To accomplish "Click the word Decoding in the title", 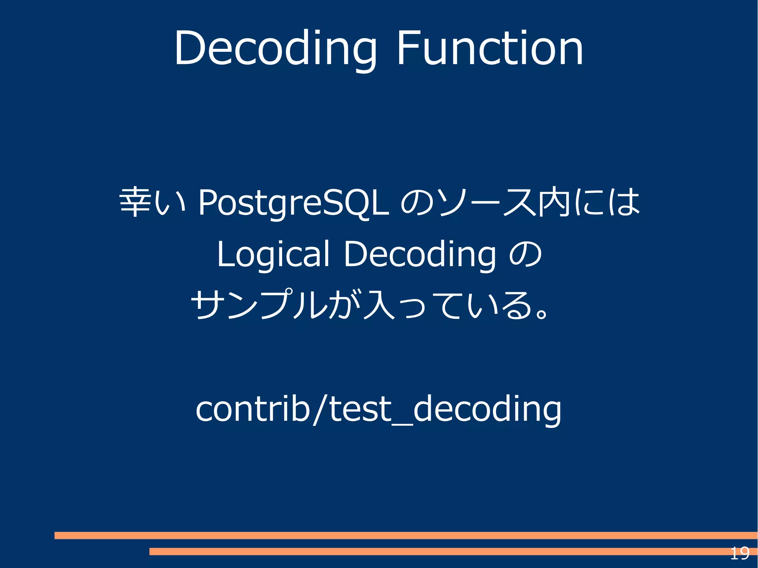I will tap(276, 49).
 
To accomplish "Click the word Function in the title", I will tap(489, 49).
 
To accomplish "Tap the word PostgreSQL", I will tap(294, 203).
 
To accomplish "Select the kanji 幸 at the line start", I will tap(135, 202).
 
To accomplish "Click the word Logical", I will tap(273, 255).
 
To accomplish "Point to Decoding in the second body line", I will tap(420, 255).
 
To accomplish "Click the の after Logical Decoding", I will tap(526, 254).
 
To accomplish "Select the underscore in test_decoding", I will tap(402, 424).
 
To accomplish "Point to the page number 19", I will tap(739, 554).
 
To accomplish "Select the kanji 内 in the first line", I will tap(554, 202).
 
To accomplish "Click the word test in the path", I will tap(360, 409).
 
